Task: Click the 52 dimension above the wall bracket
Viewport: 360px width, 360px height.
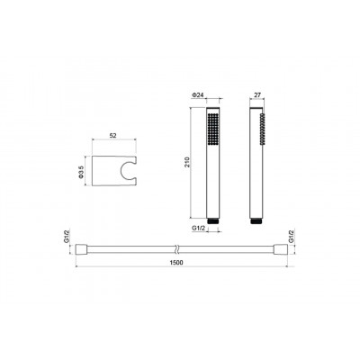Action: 112,136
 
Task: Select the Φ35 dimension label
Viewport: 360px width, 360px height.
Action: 80,172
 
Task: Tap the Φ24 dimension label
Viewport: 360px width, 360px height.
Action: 198,94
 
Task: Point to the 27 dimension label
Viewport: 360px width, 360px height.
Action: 257,94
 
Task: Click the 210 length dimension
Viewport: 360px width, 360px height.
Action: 188,163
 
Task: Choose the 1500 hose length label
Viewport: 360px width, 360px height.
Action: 176,263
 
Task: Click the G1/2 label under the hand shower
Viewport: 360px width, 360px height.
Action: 198,229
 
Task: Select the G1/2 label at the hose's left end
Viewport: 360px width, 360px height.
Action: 67,236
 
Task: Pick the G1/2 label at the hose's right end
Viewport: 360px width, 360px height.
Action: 291,236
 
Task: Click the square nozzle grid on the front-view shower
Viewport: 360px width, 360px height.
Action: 213,130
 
